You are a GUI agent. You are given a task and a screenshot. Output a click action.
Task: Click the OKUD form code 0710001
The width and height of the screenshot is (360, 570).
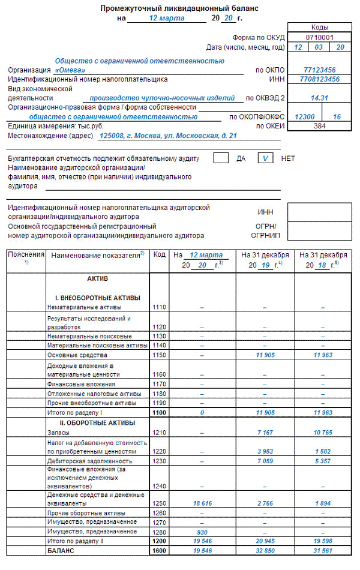pos(319,37)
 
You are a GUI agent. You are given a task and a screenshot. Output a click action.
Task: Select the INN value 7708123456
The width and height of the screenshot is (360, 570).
pos(319,79)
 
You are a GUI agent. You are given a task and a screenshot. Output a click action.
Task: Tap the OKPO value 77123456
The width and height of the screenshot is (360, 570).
pos(319,70)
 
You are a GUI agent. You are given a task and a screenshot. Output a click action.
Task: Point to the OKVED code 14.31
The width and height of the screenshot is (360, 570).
pos(319,97)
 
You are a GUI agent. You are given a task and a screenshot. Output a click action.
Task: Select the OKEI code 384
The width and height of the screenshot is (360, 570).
pos(319,126)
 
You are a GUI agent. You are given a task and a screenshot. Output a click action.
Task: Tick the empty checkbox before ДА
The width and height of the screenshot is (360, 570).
pos(221,158)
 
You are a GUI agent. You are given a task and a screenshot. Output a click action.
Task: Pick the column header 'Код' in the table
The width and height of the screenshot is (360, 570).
pos(160,255)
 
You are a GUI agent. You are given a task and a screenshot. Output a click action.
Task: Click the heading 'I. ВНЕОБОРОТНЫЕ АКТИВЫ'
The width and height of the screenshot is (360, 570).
pos(98,298)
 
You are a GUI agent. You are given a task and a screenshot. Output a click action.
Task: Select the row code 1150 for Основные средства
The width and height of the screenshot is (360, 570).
pos(160,355)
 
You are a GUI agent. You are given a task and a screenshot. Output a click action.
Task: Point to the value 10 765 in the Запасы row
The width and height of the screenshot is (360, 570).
pos(322,432)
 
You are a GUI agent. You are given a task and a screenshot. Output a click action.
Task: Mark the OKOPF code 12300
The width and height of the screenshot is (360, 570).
pos(305,117)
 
